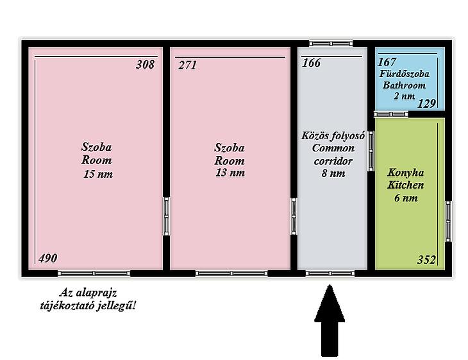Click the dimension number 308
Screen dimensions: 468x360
(146, 65)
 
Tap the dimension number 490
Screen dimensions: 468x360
(47, 258)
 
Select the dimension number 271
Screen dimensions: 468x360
(187, 65)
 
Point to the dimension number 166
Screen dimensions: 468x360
(312, 63)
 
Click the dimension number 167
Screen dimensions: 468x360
(387, 62)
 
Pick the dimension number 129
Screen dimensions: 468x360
(426, 104)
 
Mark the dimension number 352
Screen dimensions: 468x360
(426, 260)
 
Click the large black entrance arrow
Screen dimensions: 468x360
(330, 321)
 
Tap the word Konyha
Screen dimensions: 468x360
(406, 173)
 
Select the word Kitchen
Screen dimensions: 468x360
(406, 185)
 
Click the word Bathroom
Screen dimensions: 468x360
(404, 85)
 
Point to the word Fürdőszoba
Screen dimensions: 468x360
(405, 74)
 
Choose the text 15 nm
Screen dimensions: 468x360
(98, 174)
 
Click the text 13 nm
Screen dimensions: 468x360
(230, 173)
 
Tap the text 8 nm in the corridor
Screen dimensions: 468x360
(333, 173)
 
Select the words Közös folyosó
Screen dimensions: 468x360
(333, 136)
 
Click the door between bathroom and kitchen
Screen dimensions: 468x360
(391, 114)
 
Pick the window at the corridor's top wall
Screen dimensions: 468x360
(331, 44)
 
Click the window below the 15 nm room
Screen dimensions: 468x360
(94, 273)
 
